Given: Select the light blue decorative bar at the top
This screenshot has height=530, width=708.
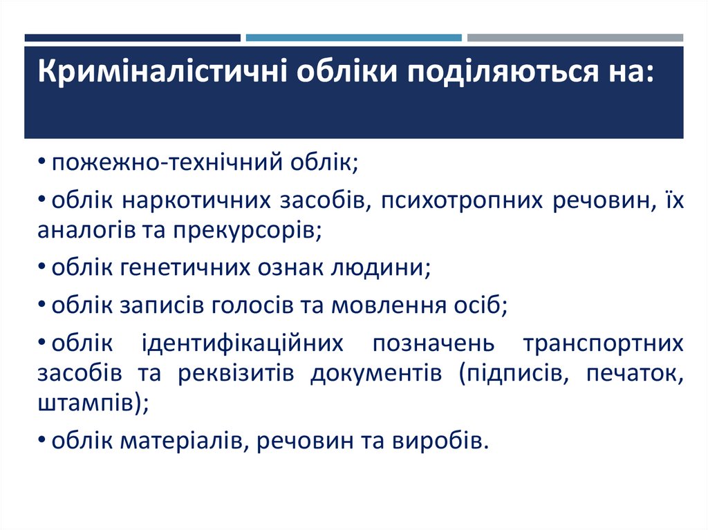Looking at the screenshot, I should pyautogui.click(x=353, y=38).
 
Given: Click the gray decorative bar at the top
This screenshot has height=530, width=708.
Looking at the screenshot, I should pyautogui.click(x=575, y=38).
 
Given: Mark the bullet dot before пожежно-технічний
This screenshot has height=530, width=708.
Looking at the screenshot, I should pyautogui.click(x=43, y=164).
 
